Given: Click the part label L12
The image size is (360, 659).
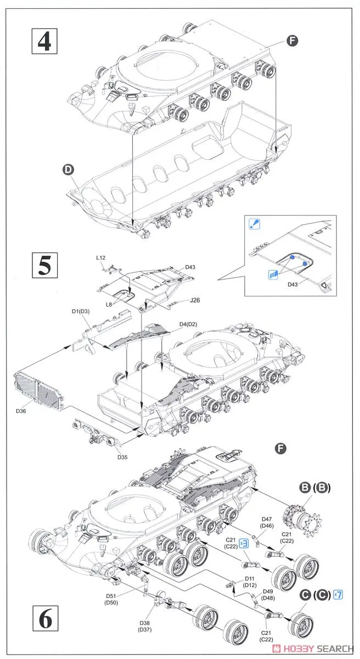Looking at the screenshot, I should pyautogui.click(x=100, y=257).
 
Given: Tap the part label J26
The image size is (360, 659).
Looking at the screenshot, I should pyautogui.click(x=196, y=299).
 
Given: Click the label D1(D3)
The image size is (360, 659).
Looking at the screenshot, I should pyautogui.click(x=82, y=312).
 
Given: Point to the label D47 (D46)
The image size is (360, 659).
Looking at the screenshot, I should pyautogui.click(x=267, y=522).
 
